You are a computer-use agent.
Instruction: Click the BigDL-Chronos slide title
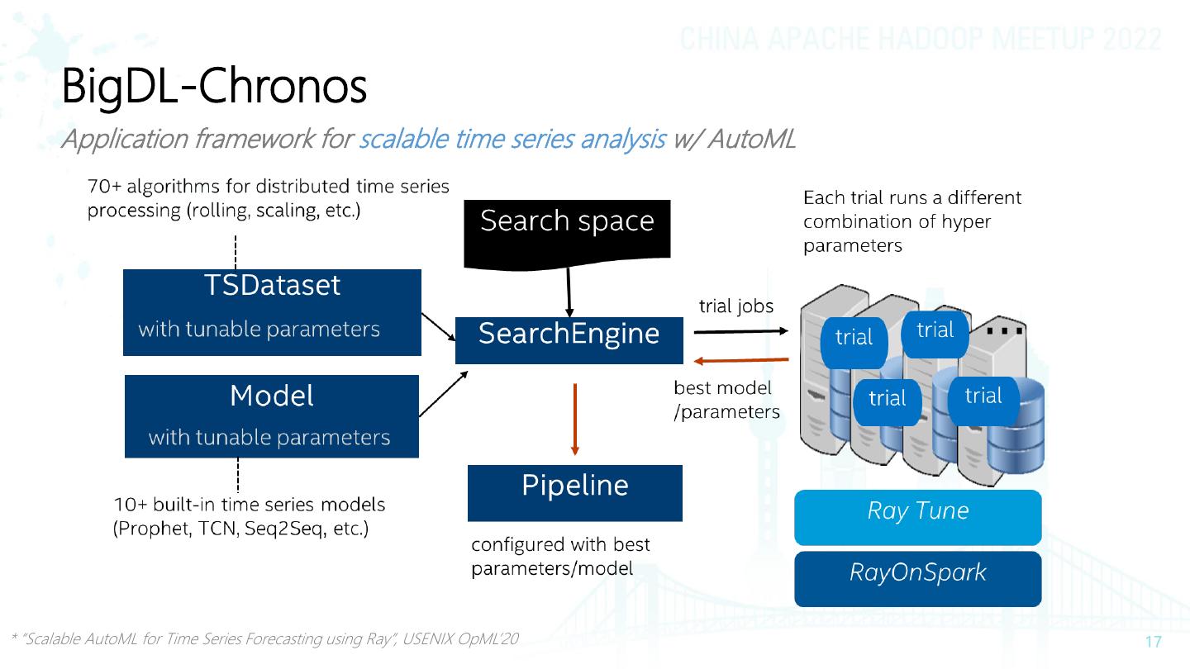[x=214, y=87]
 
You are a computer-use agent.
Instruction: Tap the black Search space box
[x=567, y=235]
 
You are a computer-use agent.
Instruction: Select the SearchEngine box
[x=569, y=340]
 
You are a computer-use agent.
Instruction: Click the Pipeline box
[x=575, y=493]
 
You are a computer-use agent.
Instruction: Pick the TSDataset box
[x=272, y=312]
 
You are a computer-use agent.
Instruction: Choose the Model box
[x=271, y=416]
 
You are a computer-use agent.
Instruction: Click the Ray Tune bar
[x=918, y=517]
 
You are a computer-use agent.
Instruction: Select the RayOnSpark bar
[x=918, y=579]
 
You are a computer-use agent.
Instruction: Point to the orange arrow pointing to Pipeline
[x=575, y=419]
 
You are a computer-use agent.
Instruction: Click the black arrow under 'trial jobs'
[x=741, y=331]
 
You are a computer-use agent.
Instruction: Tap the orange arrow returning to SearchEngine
[x=741, y=360]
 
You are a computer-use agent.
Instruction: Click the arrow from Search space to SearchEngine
[x=569, y=292]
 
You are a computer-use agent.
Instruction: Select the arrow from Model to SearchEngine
[x=444, y=393]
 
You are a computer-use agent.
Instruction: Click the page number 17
[x=1154, y=642]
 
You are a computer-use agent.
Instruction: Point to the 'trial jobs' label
[x=735, y=306]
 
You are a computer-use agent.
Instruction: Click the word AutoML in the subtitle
[x=752, y=139]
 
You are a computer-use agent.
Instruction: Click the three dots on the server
[x=1005, y=330]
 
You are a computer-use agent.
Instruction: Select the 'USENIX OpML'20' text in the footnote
[x=460, y=638]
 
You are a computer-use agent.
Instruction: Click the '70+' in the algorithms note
[x=105, y=187]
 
